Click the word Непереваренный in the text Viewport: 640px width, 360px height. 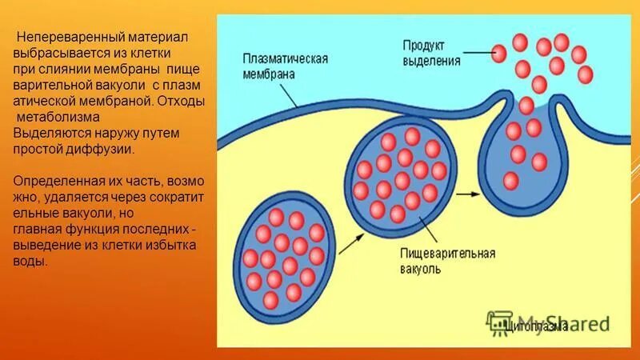pyautogui.click(x=63, y=37)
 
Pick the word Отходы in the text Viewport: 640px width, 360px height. pyautogui.click(x=181, y=102)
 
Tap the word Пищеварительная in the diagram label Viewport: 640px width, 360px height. pyautogui.click(x=448, y=254)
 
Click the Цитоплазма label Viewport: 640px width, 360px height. pyautogui.click(x=537, y=326)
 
